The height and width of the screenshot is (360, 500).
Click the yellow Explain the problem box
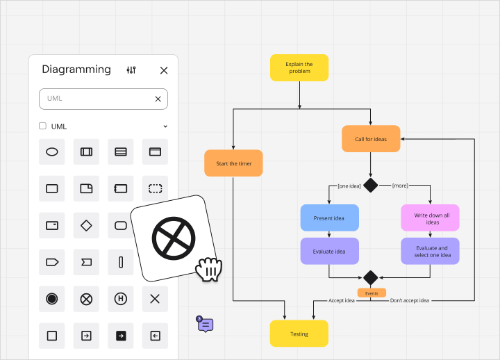(299, 67)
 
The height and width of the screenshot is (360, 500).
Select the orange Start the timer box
(233, 163)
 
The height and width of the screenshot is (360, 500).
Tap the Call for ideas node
(371, 139)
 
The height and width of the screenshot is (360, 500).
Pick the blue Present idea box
(329, 218)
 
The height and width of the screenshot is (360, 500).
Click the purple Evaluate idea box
(329, 251)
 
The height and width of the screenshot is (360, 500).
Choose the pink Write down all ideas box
(430, 218)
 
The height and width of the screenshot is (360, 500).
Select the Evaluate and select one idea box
(430, 251)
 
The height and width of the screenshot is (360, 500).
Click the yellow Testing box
(299, 334)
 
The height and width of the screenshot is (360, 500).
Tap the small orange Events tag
(372, 293)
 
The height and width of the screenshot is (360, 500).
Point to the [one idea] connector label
(349, 186)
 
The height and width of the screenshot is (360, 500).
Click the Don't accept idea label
(410, 300)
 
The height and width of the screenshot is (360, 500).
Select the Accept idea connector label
(341, 300)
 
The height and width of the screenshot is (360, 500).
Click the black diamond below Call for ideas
(371, 185)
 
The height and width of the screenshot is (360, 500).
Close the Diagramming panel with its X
(164, 70)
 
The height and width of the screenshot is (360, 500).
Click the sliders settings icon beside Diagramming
(131, 70)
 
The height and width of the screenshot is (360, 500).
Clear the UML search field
(158, 99)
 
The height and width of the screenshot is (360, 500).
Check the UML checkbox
(42, 126)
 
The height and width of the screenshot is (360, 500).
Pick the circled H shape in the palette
(121, 299)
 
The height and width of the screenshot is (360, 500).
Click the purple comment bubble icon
(206, 325)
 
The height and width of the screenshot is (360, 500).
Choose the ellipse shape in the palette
(51, 152)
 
